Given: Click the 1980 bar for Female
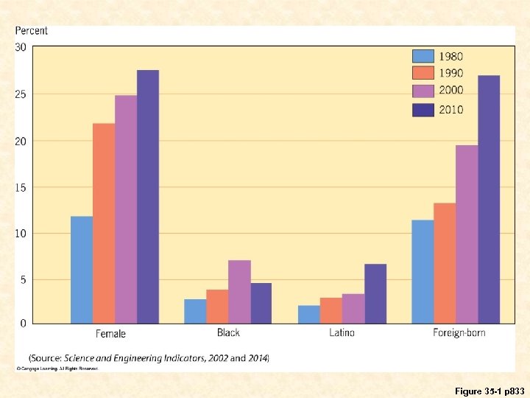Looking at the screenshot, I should click(x=82, y=269).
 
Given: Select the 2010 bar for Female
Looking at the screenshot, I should click(x=147, y=196).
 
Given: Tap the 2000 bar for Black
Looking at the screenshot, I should click(x=239, y=291).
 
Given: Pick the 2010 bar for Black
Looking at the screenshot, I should click(x=261, y=303).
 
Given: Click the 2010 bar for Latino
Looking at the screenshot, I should click(x=375, y=293).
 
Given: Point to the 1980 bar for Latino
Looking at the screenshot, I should click(x=309, y=314).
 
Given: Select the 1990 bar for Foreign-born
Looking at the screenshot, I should click(x=445, y=262).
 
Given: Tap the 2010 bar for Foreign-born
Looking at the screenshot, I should click(x=488, y=199).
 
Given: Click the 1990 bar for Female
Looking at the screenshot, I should click(x=104, y=223).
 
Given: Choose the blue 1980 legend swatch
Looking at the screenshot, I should click(x=423, y=56).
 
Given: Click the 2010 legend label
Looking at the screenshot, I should click(x=451, y=110).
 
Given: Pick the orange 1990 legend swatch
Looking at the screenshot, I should click(x=423, y=73).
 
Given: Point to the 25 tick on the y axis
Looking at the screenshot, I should click(x=21, y=94).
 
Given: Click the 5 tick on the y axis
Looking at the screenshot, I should click(x=24, y=280).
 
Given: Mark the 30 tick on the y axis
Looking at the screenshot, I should click(x=21, y=47).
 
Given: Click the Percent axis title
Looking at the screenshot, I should click(x=32, y=31).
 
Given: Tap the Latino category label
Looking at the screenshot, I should click(x=342, y=333).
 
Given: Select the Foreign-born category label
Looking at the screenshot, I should click(x=459, y=333).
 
